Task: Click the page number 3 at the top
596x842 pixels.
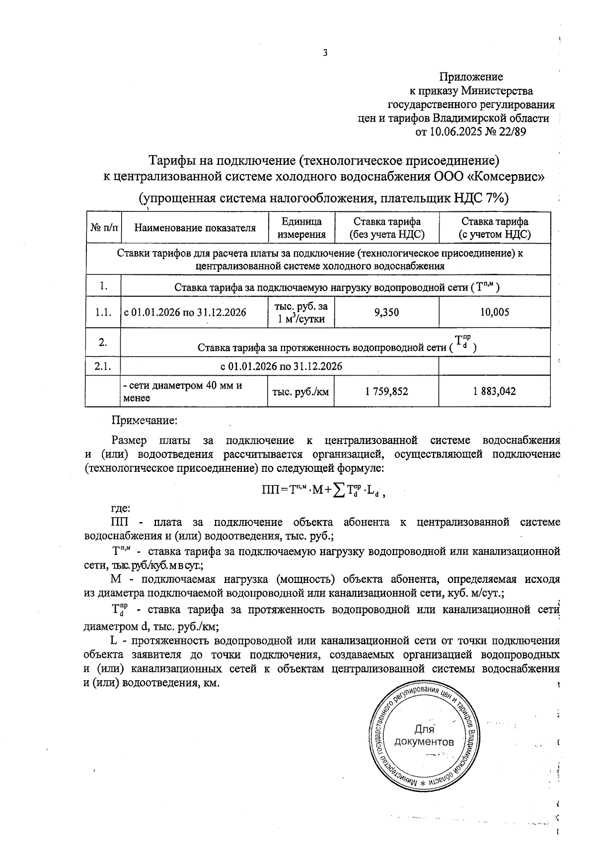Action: [325, 53]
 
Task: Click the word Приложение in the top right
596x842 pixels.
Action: [471, 77]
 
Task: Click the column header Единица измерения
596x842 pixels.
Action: [301, 228]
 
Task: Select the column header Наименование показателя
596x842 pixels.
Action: [195, 228]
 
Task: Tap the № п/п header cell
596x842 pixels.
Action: [104, 228]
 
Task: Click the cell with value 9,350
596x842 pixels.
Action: [386, 312]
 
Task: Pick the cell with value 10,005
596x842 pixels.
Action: [495, 312]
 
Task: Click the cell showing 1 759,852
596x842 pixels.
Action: [386, 391]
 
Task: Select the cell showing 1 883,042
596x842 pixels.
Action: [495, 391]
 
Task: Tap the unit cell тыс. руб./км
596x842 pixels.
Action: [300, 391]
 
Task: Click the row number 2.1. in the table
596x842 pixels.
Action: [103, 367]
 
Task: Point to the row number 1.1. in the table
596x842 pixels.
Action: [103, 312]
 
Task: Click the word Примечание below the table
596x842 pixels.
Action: [144, 421]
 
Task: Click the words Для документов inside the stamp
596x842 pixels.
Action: [424, 736]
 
